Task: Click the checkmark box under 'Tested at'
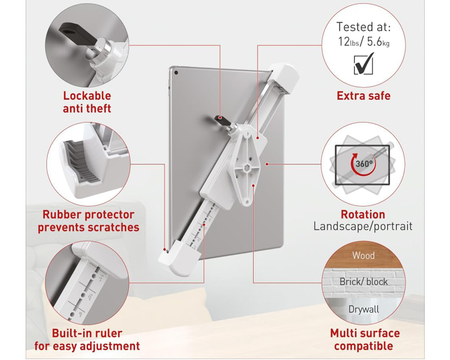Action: coord(363,64)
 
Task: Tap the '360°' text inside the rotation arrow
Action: coord(364,164)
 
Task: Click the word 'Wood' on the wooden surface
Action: coord(363,255)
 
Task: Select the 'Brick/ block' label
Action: coord(363,282)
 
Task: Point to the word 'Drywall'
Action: coord(363,309)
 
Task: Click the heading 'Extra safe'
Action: coord(363,96)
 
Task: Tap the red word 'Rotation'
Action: coord(363,214)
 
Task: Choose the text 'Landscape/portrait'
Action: coord(363,226)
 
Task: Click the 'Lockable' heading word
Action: coord(87,96)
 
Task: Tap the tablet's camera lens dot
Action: coord(176,73)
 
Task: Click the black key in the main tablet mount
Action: coord(222,120)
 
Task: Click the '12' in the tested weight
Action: coord(344,42)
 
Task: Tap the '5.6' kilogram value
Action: coord(375,42)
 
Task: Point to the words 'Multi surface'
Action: coord(364,334)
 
